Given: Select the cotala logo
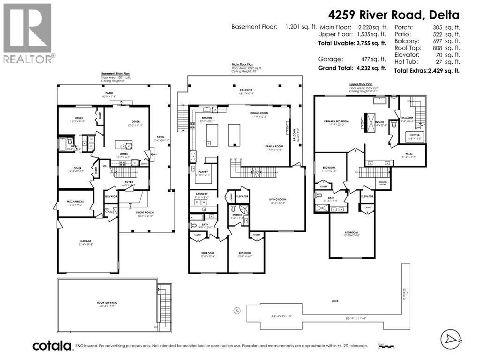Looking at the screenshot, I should (x=52, y=346).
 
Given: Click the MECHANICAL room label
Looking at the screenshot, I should (x=75, y=202).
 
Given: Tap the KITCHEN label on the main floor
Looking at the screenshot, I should (x=207, y=118).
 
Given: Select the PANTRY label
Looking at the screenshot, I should (x=202, y=172).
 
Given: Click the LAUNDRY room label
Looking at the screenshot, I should (x=202, y=194).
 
